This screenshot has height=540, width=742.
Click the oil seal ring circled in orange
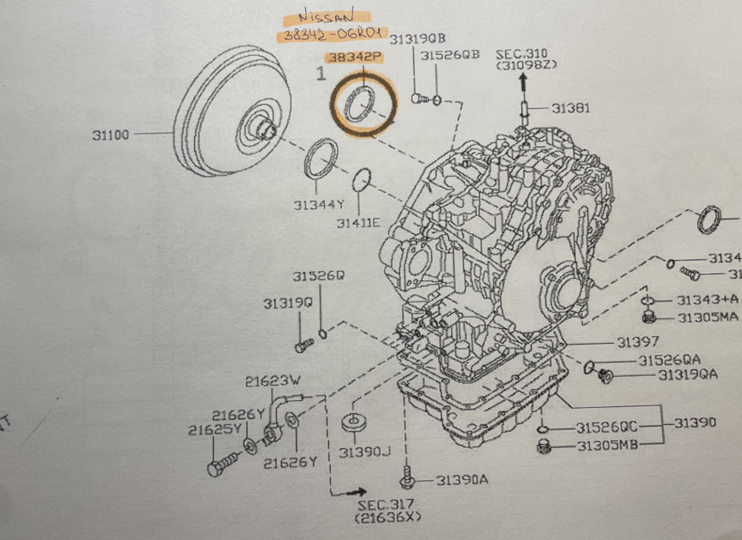click(x=361, y=105)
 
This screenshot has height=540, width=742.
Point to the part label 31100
click(x=111, y=134)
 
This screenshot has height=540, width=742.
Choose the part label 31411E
click(x=359, y=222)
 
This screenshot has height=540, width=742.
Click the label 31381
click(x=570, y=108)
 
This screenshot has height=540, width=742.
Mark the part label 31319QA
click(x=688, y=375)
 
